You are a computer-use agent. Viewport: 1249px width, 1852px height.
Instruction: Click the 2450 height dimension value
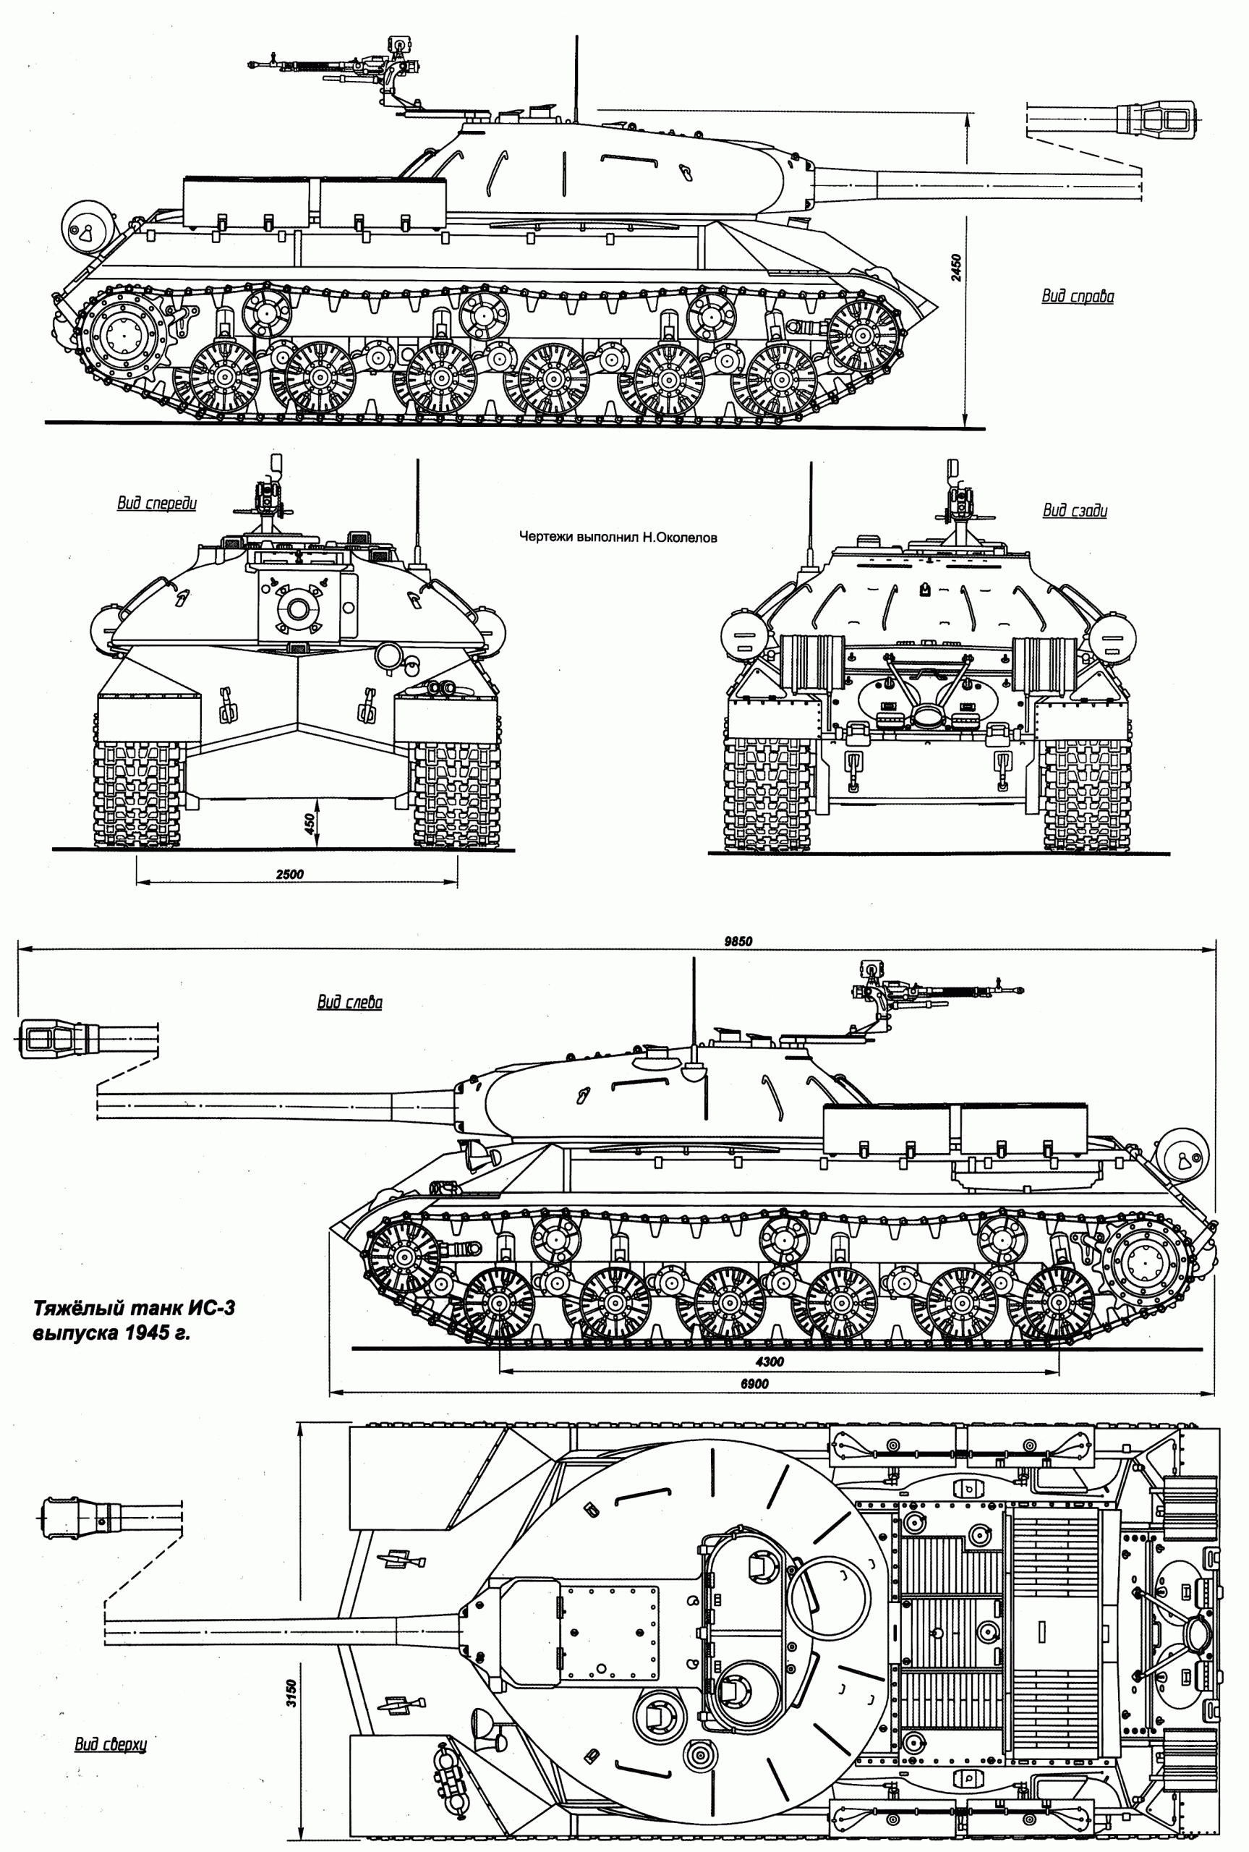tap(956, 267)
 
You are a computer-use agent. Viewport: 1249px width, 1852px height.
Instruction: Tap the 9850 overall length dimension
tap(738, 941)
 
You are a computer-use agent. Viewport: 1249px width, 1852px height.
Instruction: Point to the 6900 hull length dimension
tap(754, 1384)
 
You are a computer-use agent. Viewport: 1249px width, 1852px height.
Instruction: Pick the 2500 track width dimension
tap(290, 874)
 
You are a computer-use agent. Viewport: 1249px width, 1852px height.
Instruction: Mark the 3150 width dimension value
tap(291, 1694)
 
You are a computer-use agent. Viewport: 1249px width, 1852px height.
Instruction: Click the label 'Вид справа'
tap(1077, 297)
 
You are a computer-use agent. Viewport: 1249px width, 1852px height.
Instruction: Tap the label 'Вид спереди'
tap(157, 504)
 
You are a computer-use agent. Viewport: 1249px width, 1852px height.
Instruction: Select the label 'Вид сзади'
tap(1075, 511)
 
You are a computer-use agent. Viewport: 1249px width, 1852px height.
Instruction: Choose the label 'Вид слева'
tap(350, 1002)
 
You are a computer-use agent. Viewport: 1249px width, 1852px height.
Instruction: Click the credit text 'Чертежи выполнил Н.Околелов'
tap(618, 538)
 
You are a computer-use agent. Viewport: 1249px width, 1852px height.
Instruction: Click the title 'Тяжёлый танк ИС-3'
tap(134, 1309)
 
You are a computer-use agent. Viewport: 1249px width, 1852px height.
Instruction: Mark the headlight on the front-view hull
tap(388, 655)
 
